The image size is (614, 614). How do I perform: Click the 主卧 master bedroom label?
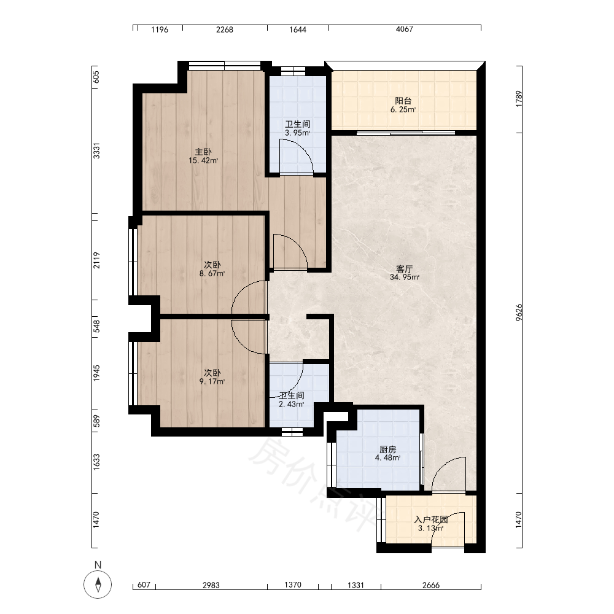203,152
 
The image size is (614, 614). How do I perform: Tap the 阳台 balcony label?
403,101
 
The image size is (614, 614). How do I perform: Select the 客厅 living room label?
404,269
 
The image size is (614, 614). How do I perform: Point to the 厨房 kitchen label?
387,449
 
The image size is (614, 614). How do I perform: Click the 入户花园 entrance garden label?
431,519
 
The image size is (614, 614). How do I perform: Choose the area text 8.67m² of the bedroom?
212,273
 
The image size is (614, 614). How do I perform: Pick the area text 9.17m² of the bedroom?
212,381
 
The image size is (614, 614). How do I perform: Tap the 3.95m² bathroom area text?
298,133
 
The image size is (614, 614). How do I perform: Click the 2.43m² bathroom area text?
291,404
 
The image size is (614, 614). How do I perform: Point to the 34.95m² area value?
405,278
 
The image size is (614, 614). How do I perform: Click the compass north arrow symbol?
98,585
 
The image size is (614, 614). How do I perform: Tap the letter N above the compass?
98,565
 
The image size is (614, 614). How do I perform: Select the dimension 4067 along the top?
404,29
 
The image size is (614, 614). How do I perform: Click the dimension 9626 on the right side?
519,313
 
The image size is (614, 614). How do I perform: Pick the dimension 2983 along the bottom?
211,585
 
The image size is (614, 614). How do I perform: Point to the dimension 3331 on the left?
96,151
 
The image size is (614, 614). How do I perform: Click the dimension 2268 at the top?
224,29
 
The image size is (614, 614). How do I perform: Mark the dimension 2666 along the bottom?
431,585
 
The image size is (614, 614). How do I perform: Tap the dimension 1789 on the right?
519,99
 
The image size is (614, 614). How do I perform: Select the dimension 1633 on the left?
96,462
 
